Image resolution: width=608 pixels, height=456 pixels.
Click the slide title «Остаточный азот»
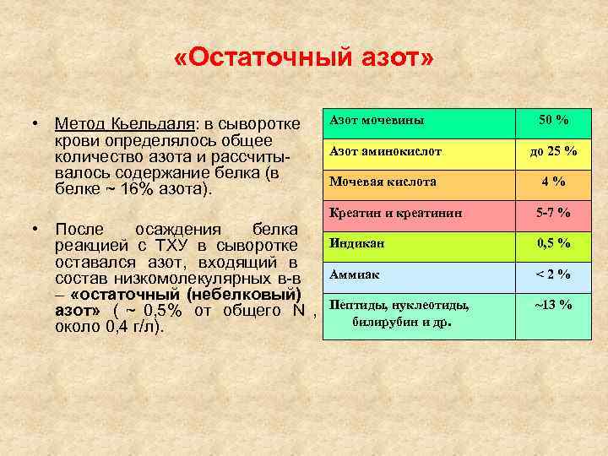click(303, 60)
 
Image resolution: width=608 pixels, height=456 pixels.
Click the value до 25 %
click(553, 151)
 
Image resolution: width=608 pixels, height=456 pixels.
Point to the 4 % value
click(553, 182)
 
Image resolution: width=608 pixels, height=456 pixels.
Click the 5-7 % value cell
click(553, 213)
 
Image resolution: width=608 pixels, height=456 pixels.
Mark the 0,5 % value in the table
click(553, 243)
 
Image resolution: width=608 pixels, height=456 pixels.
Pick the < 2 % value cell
click(553, 274)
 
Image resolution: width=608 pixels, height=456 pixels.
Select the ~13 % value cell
click(553, 305)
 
